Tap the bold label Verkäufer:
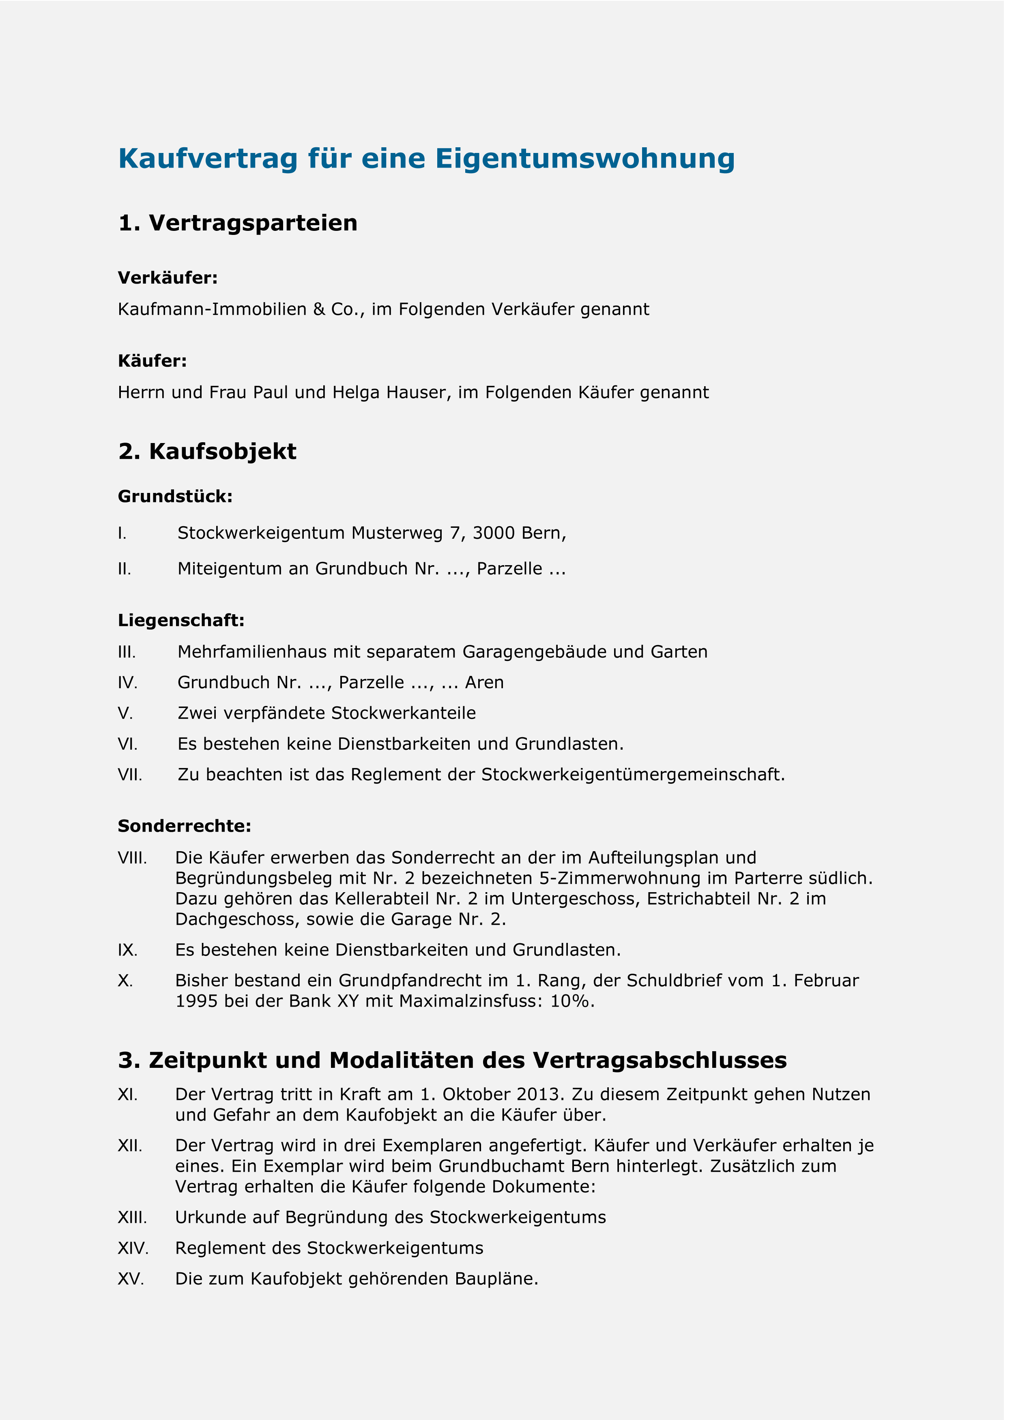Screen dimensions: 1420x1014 click(168, 278)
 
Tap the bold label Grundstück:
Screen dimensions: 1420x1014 click(175, 497)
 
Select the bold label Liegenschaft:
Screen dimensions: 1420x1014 click(181, 620)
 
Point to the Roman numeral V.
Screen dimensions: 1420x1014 click(125, 713)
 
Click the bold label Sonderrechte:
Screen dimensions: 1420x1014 click(184, 826)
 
